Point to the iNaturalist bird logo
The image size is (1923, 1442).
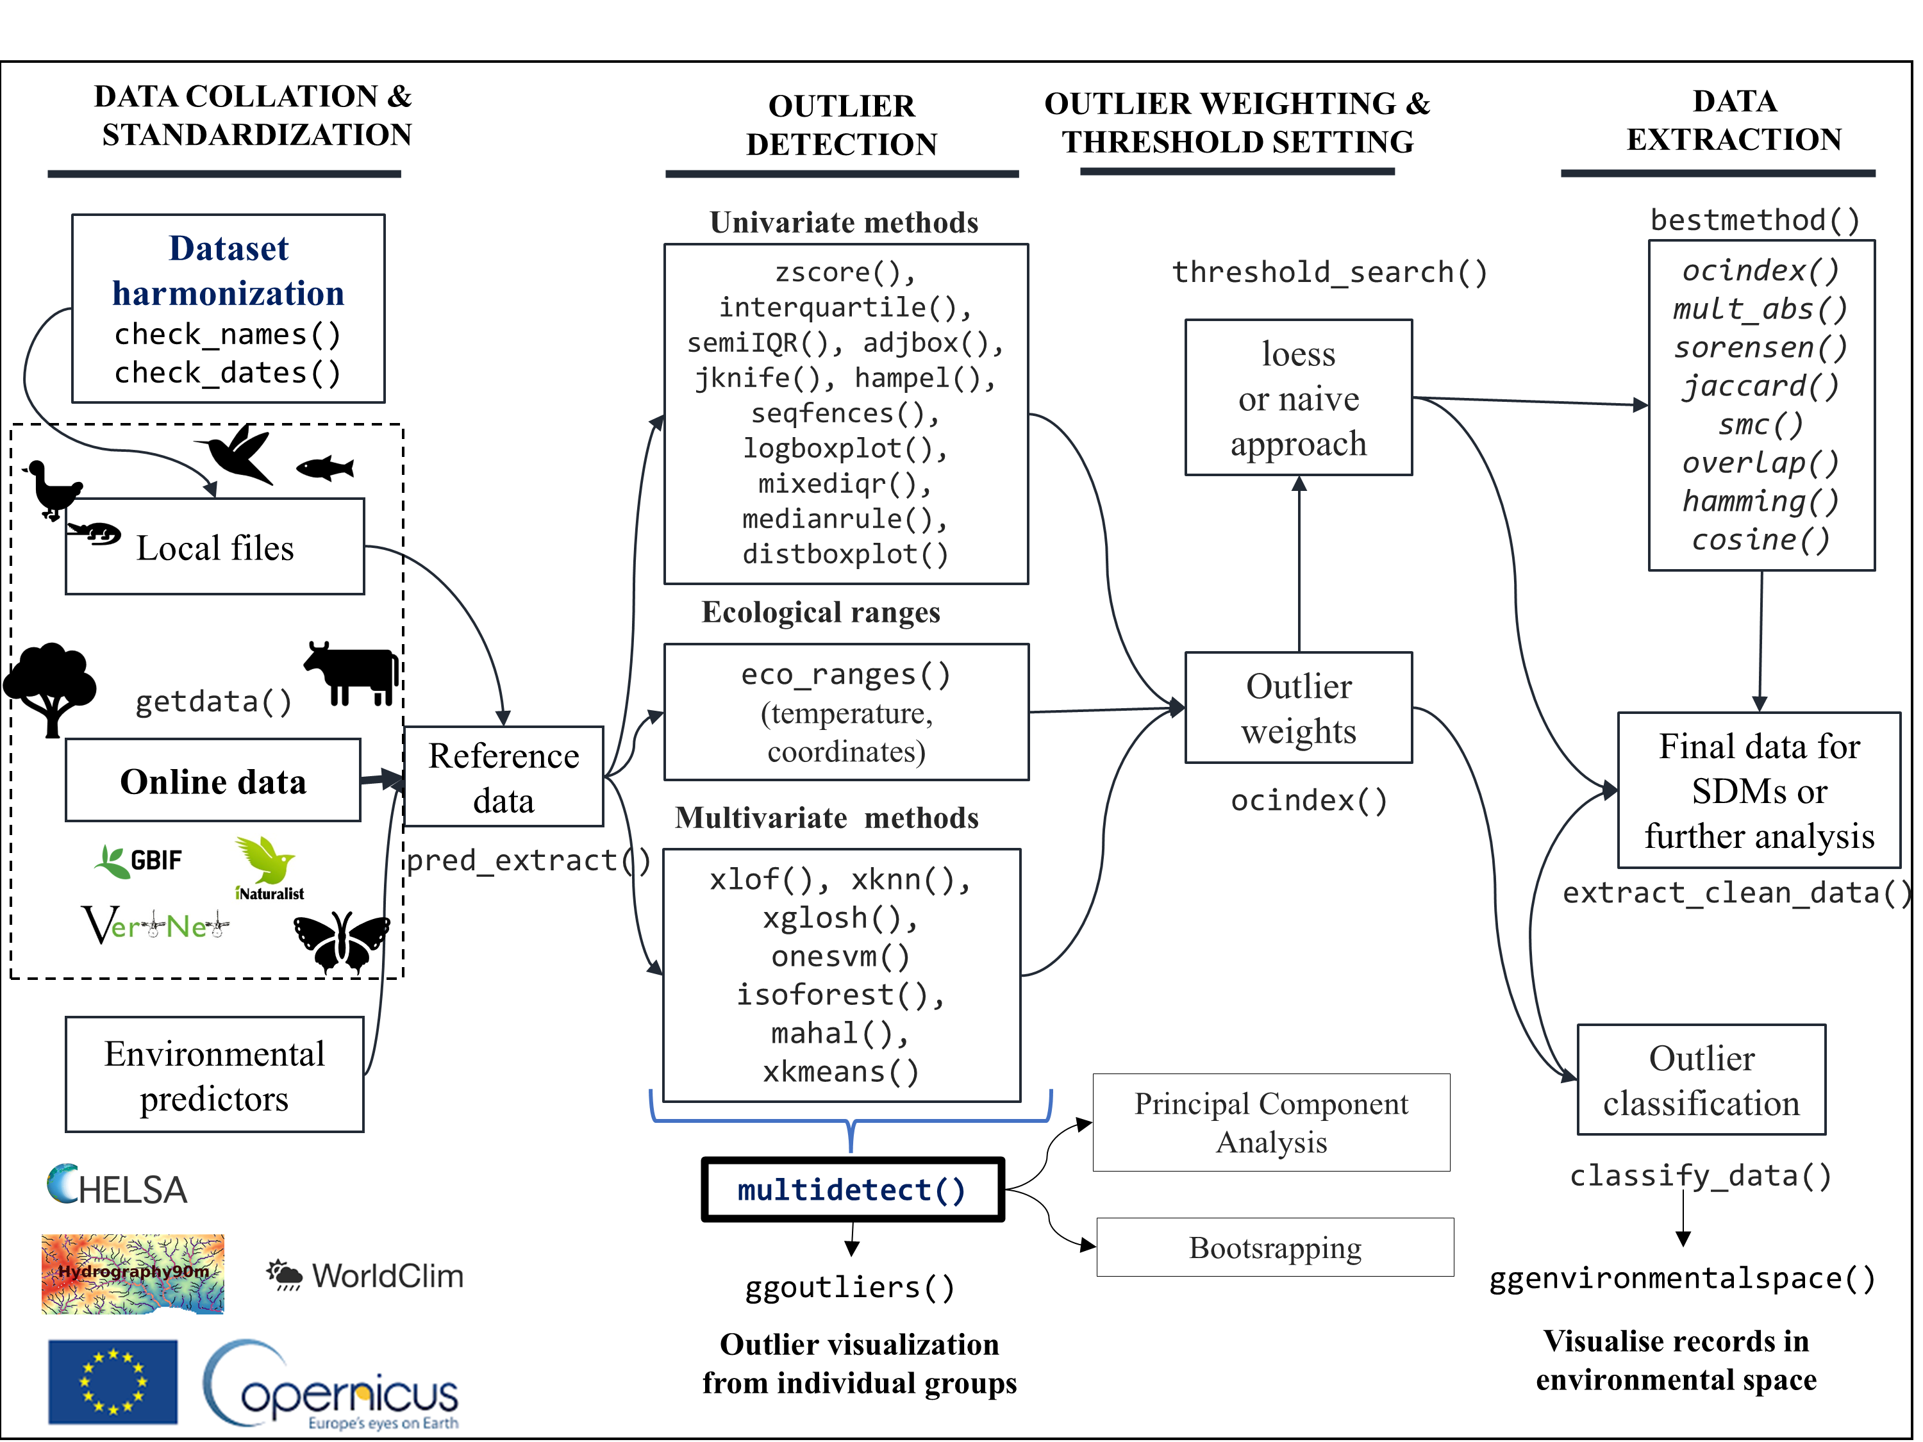(268, 862)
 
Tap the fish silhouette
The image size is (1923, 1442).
(326, 469)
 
